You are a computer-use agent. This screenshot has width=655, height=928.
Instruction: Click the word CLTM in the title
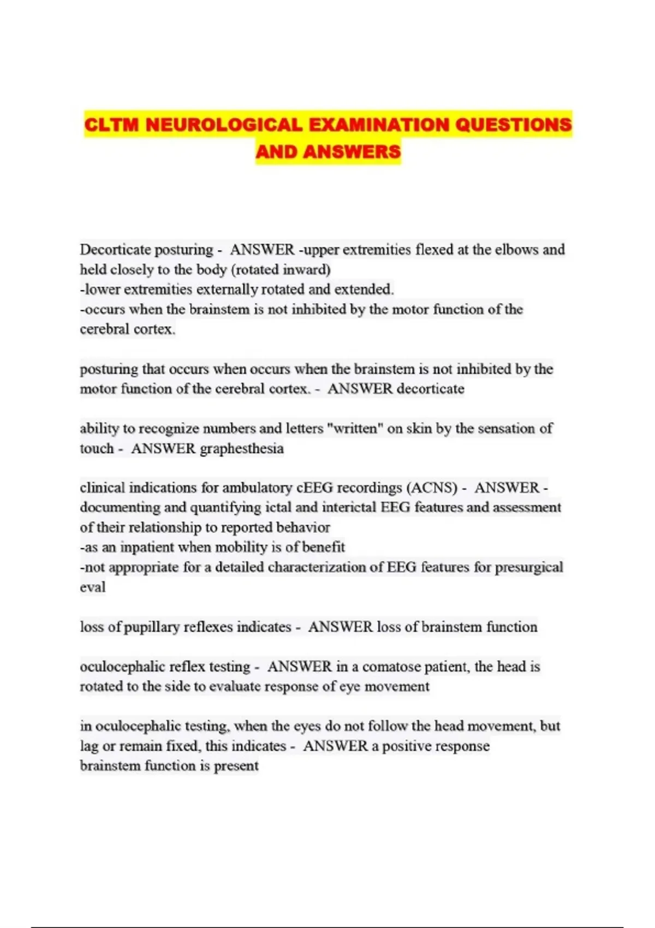[x=112, y=125]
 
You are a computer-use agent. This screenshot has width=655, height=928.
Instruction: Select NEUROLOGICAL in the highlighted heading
[x=224, y=125]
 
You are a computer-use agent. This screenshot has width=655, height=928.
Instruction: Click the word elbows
[x=516, y=250]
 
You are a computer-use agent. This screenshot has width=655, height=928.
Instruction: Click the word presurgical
[x=528, y=567]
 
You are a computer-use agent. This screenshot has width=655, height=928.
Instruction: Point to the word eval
[x=92, y=587]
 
